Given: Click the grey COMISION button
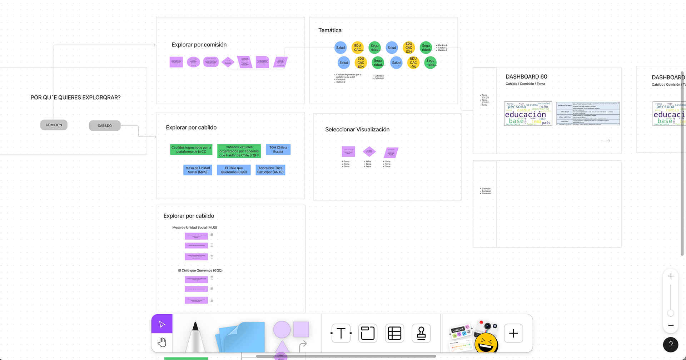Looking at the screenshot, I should click(54, 125).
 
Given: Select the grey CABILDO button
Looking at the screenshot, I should click(105, 126).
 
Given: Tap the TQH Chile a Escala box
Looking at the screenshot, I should click(278, 150).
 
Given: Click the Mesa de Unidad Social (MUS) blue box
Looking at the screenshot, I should click(198, 170).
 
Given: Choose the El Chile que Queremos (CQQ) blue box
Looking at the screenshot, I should click(234, 170).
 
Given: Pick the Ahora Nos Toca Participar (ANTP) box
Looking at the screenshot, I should click(270, 170).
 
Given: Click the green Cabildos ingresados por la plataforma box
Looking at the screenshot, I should click(191, 150).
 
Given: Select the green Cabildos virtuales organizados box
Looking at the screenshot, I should click(239, 151).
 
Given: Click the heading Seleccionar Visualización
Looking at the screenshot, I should click(357, 130).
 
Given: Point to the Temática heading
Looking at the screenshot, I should click(330, 30).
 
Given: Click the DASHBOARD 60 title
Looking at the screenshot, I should click(526, 77).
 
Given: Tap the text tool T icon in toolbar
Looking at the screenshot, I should click(341, 333).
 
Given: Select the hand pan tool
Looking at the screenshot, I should click(162, 342).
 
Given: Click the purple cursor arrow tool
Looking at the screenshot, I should click(162, 324).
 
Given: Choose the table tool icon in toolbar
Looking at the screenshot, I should click(394, 333).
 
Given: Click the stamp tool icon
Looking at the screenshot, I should click(421, 333).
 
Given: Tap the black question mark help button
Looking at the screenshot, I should click(671, 345).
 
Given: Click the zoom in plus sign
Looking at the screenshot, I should click(671, 276).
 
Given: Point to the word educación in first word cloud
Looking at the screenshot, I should click(525, 115).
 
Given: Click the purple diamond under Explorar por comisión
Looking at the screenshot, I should click(228, 62).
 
